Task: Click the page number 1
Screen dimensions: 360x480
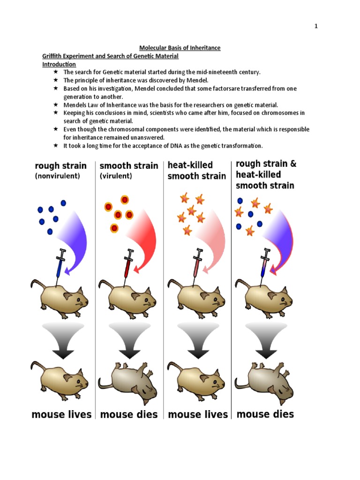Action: tap(316, 26)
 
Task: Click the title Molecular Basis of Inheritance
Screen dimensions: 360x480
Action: tap(180, 48)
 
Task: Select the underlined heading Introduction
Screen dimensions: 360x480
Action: tap(59, 64)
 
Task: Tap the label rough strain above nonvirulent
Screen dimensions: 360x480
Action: tap(60, 165)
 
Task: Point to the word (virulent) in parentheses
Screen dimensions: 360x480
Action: tap(116, 176)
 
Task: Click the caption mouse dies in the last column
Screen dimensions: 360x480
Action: tap(265, 414)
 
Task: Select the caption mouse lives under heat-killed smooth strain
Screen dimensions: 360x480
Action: tap(198, 414)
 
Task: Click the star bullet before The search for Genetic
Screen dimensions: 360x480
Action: tap(55, 72)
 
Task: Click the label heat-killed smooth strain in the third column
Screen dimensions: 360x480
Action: tap(197, 171)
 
